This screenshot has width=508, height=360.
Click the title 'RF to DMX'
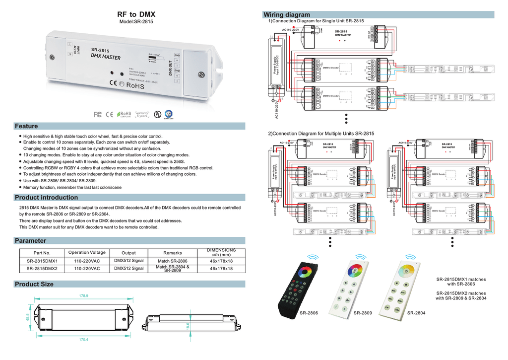tap(136, 14)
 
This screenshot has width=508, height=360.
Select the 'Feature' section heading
tap(26, 126)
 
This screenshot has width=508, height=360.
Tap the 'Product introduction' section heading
tap(46, 198)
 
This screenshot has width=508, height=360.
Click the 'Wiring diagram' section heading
tap(287, 15)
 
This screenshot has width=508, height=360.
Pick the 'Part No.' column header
tap(42, 253)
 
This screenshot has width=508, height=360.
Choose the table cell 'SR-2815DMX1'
tap(42, 261)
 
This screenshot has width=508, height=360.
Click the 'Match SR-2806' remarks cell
tap(173, 261)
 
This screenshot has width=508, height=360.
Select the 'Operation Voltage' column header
tap(87, 253)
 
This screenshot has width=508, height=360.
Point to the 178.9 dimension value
tap(84, 296)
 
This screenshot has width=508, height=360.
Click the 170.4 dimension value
tap(84, 340)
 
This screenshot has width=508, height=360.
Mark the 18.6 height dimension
tap(188, 326)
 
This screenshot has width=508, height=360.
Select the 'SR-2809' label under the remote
tap(363, 313)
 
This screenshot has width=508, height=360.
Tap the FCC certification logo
tap(98, 115)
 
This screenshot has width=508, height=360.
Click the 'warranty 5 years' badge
tap(142, 115)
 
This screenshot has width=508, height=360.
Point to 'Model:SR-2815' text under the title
tap(136, 22)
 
